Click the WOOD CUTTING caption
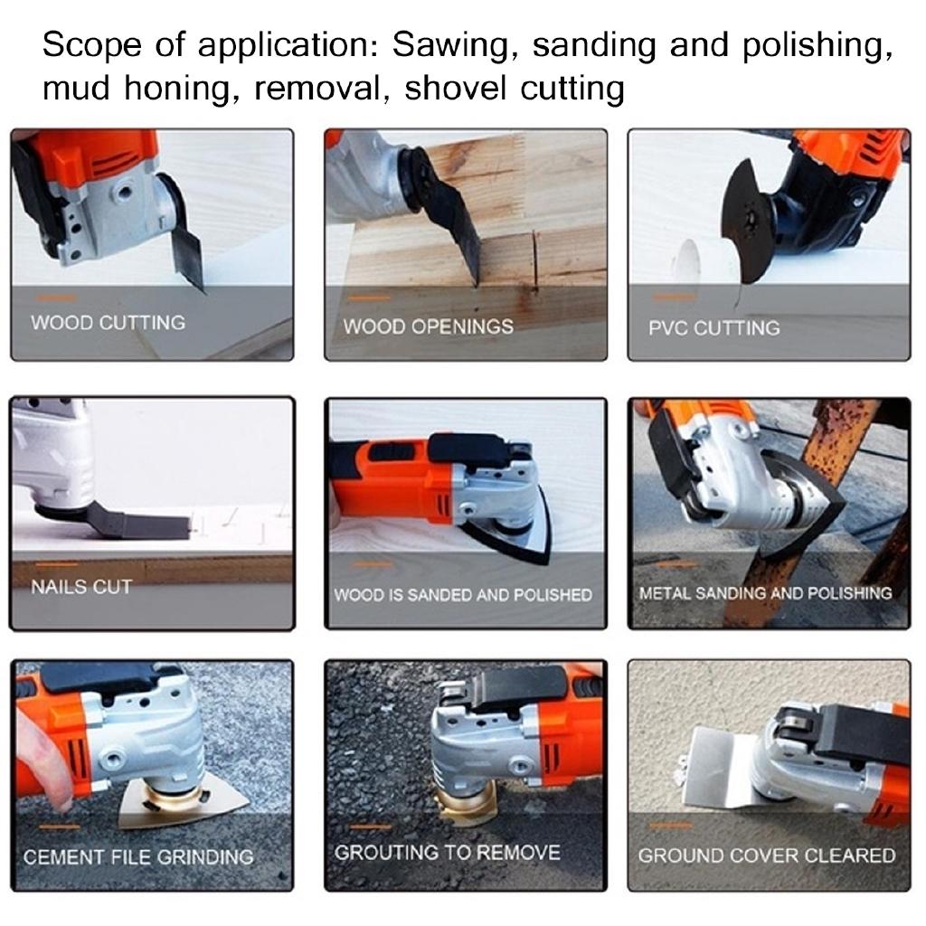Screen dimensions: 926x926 108,323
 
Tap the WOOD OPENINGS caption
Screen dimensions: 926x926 428,326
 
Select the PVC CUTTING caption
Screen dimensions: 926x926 713,328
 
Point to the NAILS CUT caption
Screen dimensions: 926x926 81,587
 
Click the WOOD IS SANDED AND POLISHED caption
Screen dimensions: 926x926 463,595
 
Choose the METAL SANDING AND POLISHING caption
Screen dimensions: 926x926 765,593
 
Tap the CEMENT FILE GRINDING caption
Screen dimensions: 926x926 138,856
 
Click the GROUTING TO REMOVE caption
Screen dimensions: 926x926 447,853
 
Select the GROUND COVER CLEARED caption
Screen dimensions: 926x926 767,855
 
